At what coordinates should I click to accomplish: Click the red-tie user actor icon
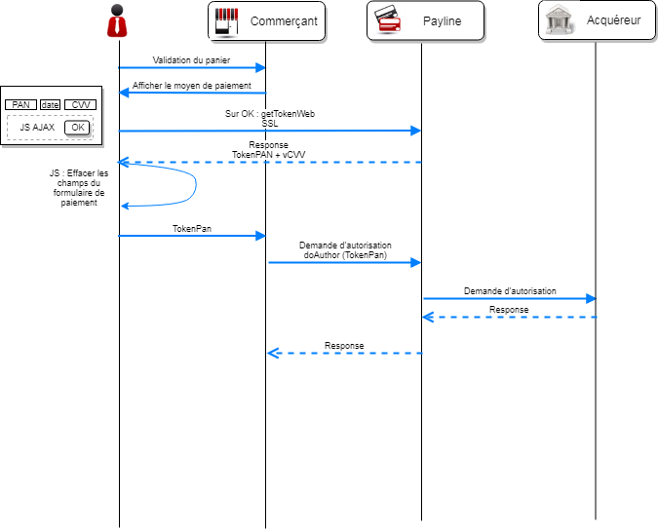click(117, 20)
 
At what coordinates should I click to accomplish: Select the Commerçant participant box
click(267, 21)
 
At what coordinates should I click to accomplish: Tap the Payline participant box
click(426, 21)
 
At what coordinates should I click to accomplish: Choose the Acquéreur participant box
click(598, 20)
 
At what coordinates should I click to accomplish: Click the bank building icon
click(559, 19)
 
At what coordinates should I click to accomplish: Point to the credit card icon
click(387, 19)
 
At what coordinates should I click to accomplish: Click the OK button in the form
click(77, 128)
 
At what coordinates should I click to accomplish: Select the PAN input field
click(21, 104)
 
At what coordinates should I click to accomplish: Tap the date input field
click(51, 104)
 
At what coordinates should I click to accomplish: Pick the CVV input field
click(81, 104)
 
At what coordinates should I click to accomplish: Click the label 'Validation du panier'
click(191, 60)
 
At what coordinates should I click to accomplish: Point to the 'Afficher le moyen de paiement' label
click(192, 86)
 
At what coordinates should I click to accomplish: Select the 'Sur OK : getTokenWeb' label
click(270, 114)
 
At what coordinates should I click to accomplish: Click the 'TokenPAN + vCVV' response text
click(269, 155)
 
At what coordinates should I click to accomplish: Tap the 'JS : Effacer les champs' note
click(79, 187)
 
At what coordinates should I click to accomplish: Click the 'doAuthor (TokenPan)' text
click(345, 255)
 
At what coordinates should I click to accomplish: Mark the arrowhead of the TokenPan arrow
click(260, 236)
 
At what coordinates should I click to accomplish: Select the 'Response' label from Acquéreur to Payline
click(509, 310)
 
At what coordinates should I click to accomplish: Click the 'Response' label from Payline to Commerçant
click(344, 346)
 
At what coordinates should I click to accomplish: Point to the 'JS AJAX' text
click(37, 128)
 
